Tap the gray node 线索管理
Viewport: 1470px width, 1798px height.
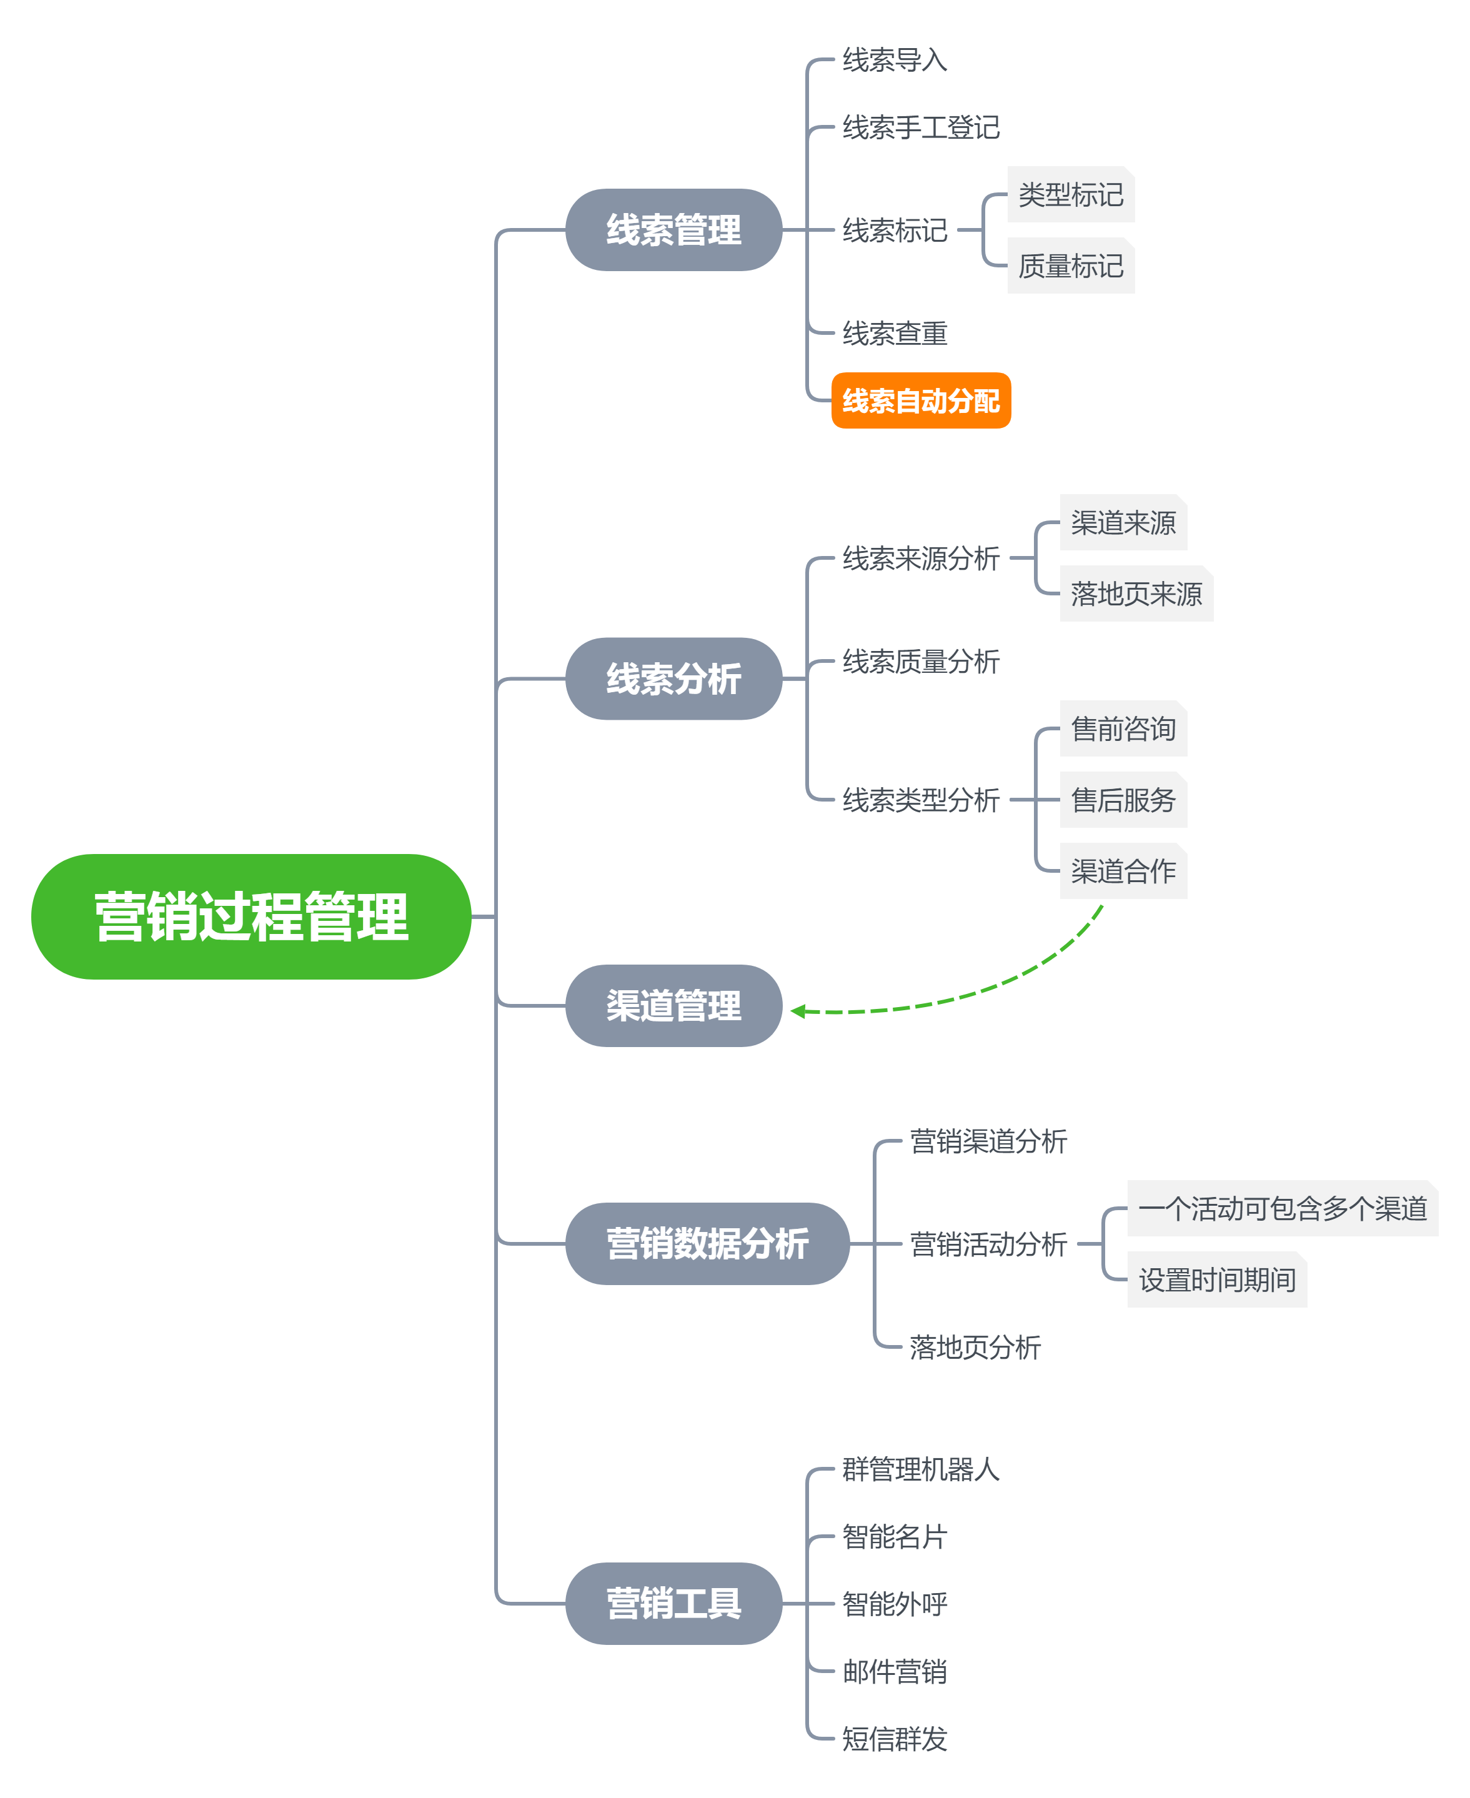673,229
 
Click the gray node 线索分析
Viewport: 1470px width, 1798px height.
673,678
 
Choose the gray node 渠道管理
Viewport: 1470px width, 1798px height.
673,1005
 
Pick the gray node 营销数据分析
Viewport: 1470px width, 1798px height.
707,1243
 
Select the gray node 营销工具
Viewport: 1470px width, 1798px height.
673,1603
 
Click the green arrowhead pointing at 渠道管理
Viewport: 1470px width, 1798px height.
798,1010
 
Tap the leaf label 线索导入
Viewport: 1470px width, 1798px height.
894,60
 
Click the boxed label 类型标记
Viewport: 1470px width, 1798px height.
1070,195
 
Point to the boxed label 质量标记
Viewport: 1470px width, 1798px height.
1070,266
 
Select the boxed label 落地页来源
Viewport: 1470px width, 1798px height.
1136,594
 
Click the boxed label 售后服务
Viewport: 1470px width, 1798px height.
1123,800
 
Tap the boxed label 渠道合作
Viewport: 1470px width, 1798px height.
1123,871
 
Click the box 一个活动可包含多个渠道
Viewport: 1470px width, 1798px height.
1282,1208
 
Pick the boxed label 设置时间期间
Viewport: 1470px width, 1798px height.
1217,1279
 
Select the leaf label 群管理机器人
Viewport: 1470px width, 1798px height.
920,1469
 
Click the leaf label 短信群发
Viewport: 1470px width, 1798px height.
894,1739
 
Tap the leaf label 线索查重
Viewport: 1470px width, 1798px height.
894,334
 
